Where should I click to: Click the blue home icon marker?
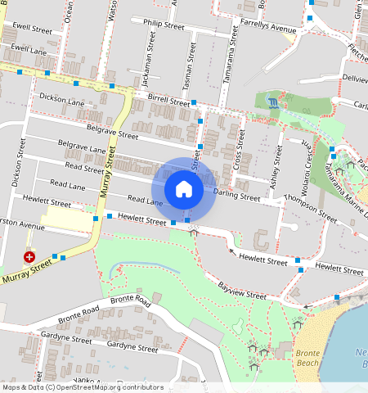click(x=184, y=189)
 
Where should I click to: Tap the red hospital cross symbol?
click(x=29, y=257)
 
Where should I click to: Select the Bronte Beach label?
click(x=307, y=356)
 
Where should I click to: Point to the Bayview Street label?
click(x=244, y=290)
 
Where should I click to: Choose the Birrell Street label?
click(x=168, y=98)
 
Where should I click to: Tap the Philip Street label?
click(x=164, y=25)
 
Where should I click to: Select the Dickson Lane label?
click(x=62, y=100)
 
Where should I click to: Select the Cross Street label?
click(x=240, y=151)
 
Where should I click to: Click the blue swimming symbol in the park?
click(x=272, y=102)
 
